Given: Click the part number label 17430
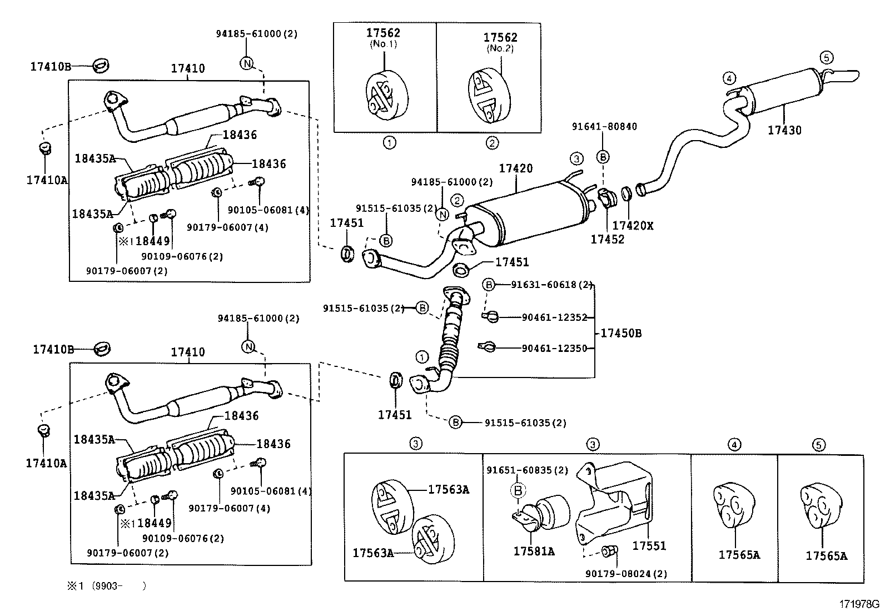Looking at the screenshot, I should coord(784,131).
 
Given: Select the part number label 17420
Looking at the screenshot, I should coord(515,168).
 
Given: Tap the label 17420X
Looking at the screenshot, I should coord(633,226).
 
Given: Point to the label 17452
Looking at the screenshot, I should coord(607,240).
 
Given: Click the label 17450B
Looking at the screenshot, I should coord(621,333).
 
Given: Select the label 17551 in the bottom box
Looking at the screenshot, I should coord(649,546).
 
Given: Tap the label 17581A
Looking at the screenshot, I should coord(533,552).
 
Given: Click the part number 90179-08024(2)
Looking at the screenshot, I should coord(626,574).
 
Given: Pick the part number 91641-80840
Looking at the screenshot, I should coord(604,126).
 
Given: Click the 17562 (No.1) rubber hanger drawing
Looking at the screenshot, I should coord(386,93).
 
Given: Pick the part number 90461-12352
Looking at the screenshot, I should coord(554,317).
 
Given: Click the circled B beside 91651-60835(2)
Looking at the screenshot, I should coord(518,490).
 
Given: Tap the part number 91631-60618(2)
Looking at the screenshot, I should coord(551,285).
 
